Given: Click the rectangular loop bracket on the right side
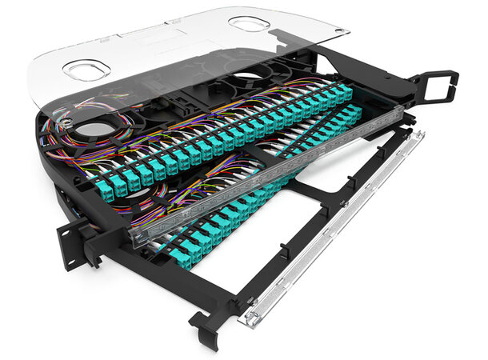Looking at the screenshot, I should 439,82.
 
